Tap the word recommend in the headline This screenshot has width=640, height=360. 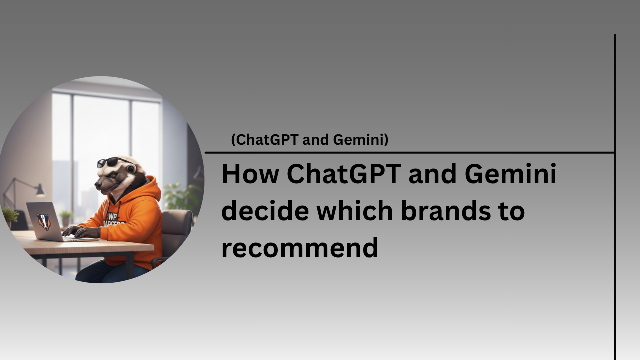(299, 248)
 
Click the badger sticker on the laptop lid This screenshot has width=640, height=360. (44, 221)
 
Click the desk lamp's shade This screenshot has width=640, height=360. (40, 190)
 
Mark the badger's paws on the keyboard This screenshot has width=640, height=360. (80, 231)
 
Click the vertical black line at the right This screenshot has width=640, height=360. (615, 250)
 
